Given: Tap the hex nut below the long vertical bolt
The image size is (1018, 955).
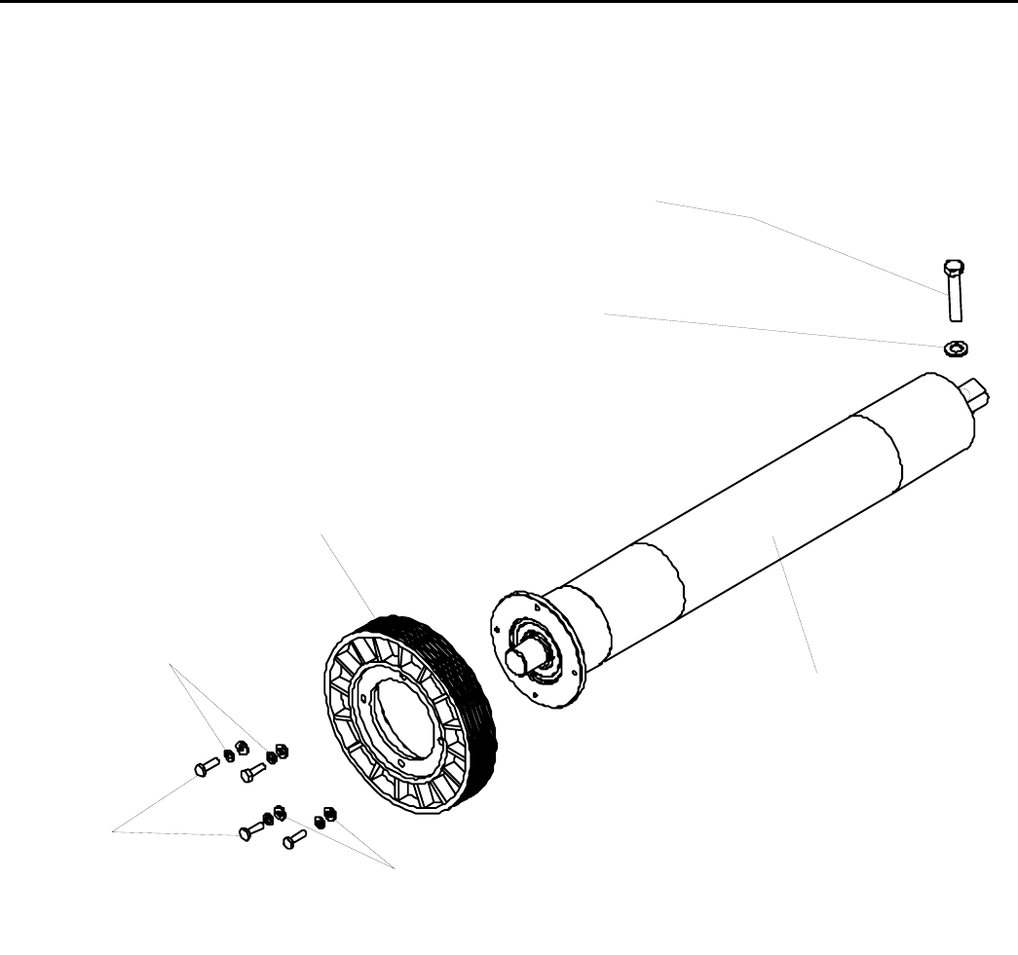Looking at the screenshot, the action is (x=954, y=347).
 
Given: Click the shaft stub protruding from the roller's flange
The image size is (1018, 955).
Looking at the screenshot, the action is (x=522, y=659).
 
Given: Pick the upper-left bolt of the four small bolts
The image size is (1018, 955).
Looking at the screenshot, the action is (x=204, y=768).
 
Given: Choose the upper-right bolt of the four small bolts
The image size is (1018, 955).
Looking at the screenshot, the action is (x=252, y=773).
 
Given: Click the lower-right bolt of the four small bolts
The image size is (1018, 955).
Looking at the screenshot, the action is (x=293, y=837).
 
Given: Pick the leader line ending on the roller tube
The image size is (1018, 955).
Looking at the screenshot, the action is (x=794, y=604).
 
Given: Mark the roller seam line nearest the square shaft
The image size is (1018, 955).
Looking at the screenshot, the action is (x=901, y=453).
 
